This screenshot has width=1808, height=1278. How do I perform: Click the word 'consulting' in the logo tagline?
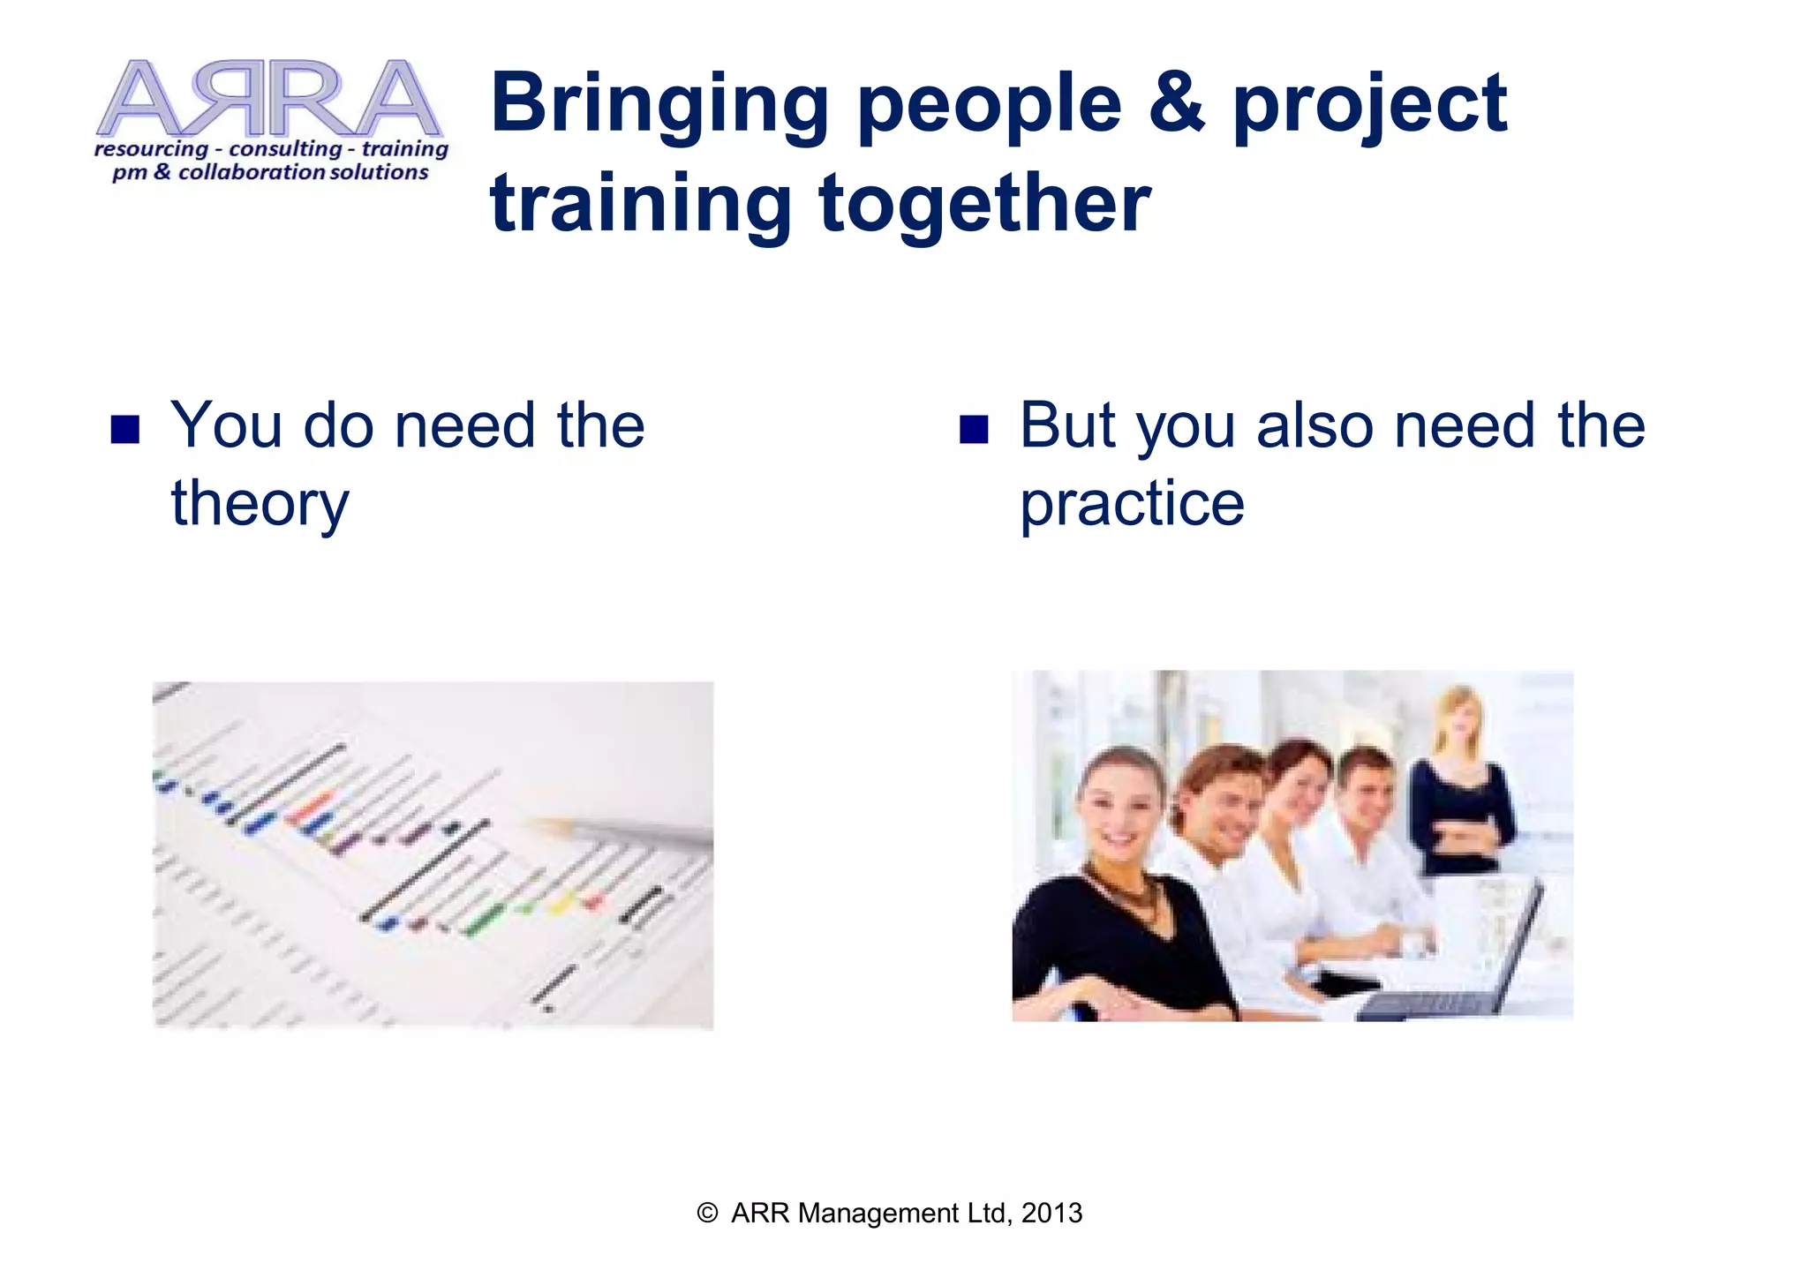pos(284,148)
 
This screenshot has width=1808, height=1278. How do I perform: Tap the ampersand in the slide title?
pos(1176,104)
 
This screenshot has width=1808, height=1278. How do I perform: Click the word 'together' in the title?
pos(984,205)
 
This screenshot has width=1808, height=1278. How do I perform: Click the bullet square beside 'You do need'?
pos(125,429)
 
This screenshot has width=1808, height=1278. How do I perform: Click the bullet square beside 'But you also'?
pos(973,429)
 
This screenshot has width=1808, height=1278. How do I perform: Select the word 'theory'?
pos(260,505)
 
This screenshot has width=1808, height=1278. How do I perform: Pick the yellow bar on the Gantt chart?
pos(561,904)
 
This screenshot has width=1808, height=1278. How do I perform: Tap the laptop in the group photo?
pos(1465,953)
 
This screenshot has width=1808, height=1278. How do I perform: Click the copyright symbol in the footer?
pos(707,1213)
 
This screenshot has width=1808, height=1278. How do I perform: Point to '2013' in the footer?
pos(1051,1213)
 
